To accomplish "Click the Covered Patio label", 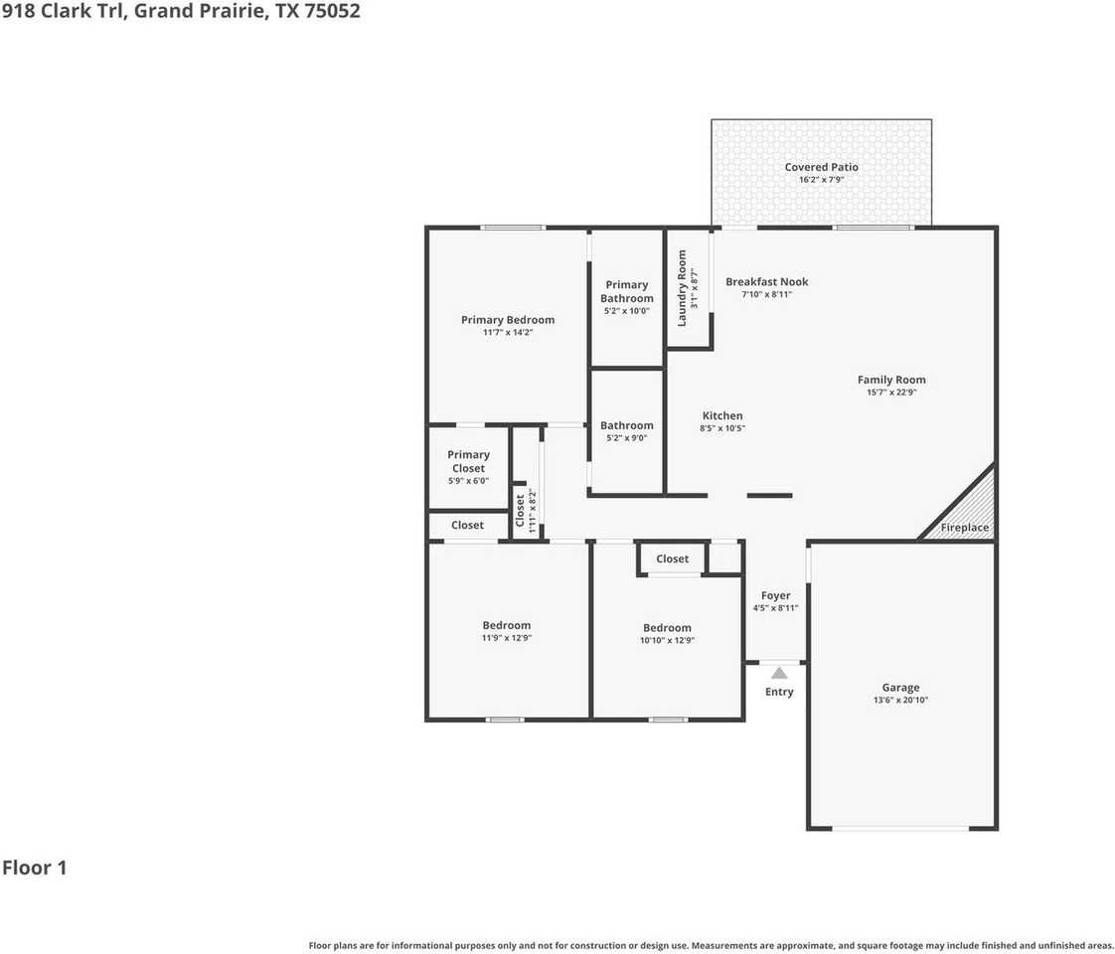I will [x=821, y=167].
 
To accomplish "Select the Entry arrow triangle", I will [x=779, y=673].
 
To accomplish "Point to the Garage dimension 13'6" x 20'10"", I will [x=900, y=700].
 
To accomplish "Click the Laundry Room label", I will [x=682, y=288].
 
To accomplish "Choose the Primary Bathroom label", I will [x=627, y=291].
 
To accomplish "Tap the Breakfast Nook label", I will [x=766, y=281].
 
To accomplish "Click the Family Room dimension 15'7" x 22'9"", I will [x=891, y=393].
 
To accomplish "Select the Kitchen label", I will [x=722, y=415].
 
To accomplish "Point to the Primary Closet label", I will [x=468, y=461].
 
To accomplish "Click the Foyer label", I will [x=775, y=595].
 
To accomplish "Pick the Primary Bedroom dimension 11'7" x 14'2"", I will [x=508, y=333].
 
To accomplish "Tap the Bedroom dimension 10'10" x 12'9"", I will [x=667, y=641].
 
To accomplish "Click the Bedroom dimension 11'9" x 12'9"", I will [x=507, y=638].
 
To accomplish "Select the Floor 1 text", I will [x=35, y=868].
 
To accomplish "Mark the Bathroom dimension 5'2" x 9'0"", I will [x=627, y=438].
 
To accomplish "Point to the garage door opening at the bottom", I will [x=900, y=828].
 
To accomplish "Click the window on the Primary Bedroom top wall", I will [x=512, y=228].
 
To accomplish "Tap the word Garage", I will [x=900, y=687].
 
